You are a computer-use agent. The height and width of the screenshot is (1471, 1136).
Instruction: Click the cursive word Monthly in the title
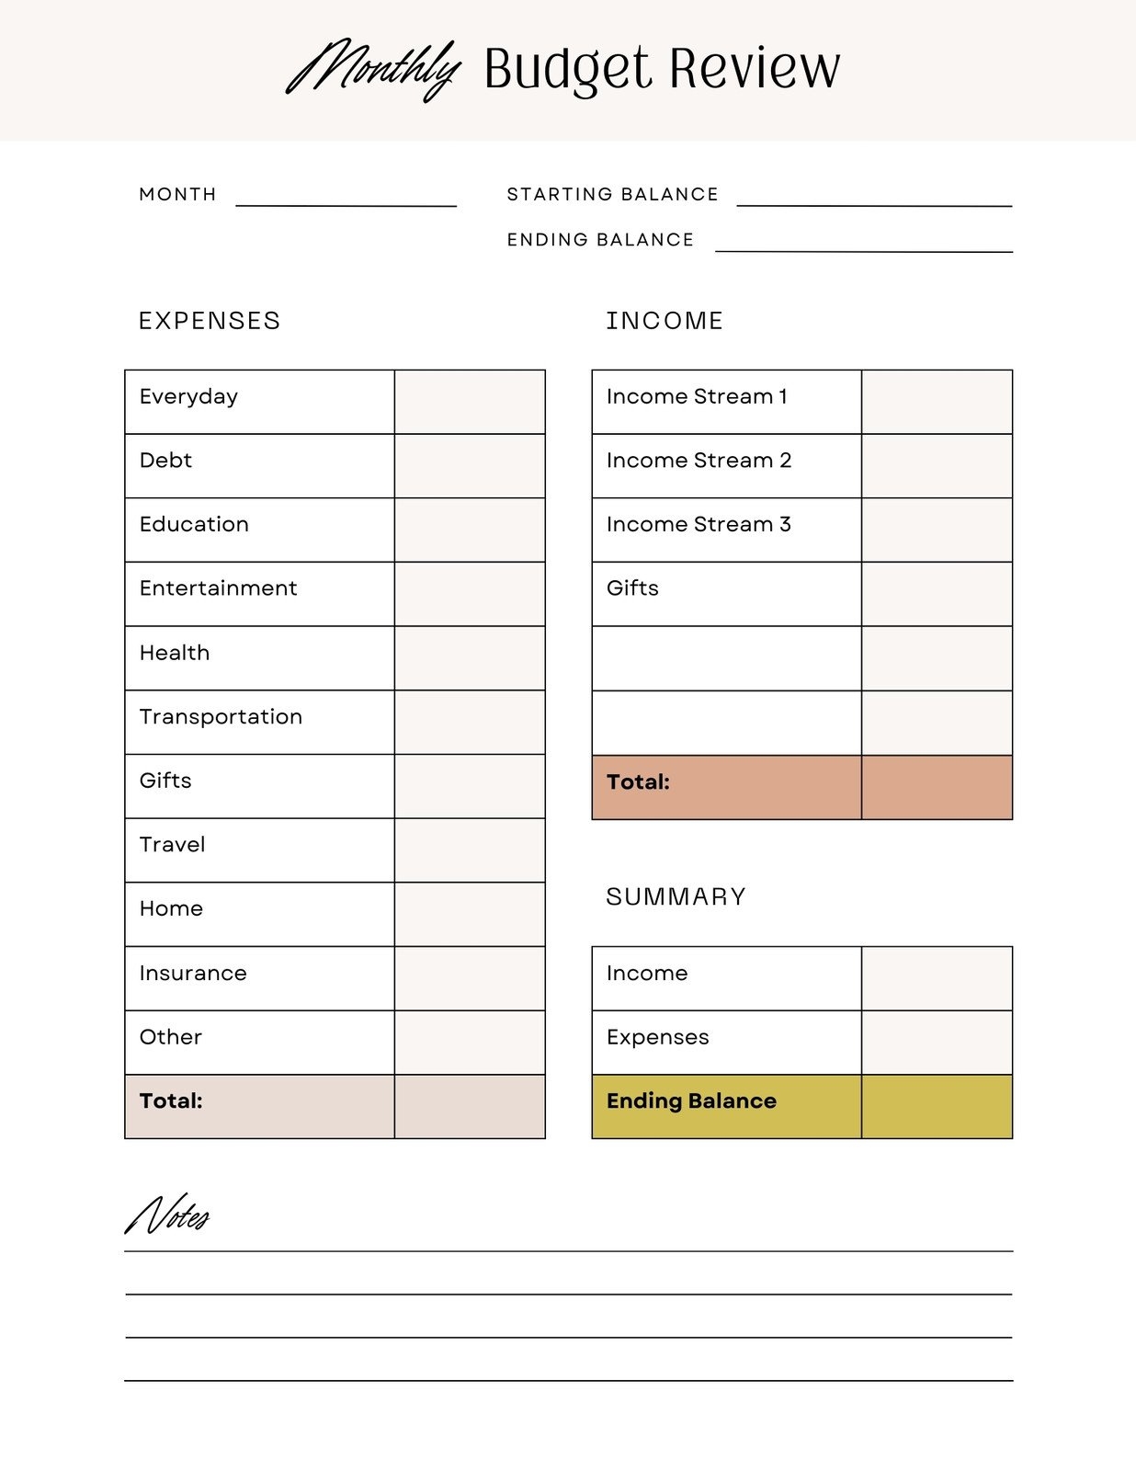tap(372, 69)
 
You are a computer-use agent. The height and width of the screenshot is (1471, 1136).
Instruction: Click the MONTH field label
tap(177, 194)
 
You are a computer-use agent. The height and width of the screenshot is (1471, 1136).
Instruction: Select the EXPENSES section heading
tap(210, 321)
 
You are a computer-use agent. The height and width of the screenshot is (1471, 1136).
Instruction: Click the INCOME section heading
tap(665, 321)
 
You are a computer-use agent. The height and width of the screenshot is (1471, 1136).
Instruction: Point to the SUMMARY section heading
tap(676, 896)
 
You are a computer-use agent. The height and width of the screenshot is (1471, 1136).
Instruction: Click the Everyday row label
tap(188, 397)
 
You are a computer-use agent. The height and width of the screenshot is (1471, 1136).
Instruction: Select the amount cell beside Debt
tap(470, 466)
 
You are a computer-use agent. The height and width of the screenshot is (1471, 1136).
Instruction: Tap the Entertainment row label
tap(218, 588)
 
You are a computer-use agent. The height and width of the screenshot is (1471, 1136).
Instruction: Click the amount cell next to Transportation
tap(470, 722)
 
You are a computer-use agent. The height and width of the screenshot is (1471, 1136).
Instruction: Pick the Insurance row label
tap(193, 973)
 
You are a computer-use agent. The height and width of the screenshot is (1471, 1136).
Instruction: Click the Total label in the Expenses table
tap(171, 1100)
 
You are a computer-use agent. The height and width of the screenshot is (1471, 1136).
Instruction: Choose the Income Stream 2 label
tap(699, 461)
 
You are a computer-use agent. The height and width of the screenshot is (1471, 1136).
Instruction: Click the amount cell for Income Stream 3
tap(937, 530)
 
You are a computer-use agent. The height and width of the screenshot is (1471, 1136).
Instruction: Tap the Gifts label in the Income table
tap(632, 588)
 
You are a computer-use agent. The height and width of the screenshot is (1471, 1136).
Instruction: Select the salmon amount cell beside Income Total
tap(937, 787)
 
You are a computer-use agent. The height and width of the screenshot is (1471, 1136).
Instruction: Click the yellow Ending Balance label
tap(691, 1100)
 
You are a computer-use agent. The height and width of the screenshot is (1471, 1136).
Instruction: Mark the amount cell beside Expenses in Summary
tap(937, 1043)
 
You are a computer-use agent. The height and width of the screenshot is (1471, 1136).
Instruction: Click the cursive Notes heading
tap(167, 1215)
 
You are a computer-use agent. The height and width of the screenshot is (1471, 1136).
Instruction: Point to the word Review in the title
tap(754, 69)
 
